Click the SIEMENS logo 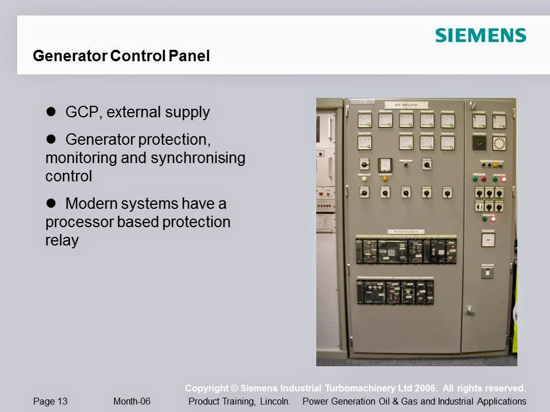480,35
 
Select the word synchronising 198,157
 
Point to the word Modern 89,203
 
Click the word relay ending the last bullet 62,240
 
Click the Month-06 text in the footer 132,401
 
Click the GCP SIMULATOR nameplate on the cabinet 406,105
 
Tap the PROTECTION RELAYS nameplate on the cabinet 406,232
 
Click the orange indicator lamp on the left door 385,179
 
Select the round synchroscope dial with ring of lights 499,142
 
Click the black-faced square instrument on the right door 479,142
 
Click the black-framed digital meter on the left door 385,165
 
